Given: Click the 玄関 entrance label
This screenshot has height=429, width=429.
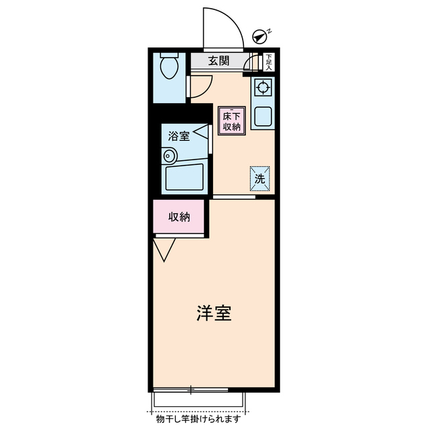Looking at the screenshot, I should coord(219,61).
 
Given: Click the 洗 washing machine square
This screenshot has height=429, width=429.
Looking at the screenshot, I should coord(260,177).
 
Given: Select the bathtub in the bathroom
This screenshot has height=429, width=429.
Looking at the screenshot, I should coord(185,175).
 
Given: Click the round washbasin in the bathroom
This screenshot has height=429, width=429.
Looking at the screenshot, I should coord(168,156).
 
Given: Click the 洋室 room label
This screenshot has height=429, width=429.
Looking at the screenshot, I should coord(214,314).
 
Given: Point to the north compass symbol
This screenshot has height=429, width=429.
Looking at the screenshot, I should coord(260,37).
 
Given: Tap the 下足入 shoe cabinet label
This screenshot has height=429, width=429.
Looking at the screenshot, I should coord(269,62).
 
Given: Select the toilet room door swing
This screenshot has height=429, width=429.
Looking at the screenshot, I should coord(200,86).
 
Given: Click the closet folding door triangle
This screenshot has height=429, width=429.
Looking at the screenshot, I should coord(164,249).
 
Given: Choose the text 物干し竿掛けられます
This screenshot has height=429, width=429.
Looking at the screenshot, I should coord(198,420).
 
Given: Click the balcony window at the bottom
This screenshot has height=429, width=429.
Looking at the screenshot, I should coord(190,389).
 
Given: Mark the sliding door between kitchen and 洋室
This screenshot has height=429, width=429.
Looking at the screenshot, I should coord(234,196).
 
